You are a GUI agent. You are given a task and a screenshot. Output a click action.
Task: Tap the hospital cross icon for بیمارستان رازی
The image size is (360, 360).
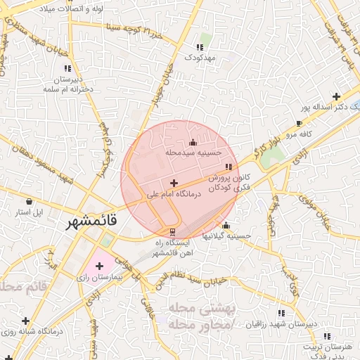(x=99, y=266)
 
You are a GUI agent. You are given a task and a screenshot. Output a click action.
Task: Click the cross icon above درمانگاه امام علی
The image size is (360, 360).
(x=174, y=183)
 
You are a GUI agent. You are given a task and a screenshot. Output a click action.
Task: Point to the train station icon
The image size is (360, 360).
(x=173, y=231)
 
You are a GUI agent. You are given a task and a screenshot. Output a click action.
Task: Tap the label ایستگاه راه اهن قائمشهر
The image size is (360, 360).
(x=173, y=246)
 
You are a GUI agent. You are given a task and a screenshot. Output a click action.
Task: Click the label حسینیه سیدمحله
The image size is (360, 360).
(x=193, y=152)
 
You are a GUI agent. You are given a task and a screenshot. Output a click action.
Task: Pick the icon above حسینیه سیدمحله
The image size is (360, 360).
(x=193, y=143)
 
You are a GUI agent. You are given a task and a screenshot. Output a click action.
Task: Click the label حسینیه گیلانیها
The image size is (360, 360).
(x=226, y=236)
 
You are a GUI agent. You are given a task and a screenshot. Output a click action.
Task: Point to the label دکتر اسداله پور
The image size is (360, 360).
(x=332, y=108)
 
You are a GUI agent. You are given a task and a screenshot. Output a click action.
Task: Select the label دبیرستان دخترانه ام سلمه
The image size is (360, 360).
(x=67, y=83)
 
